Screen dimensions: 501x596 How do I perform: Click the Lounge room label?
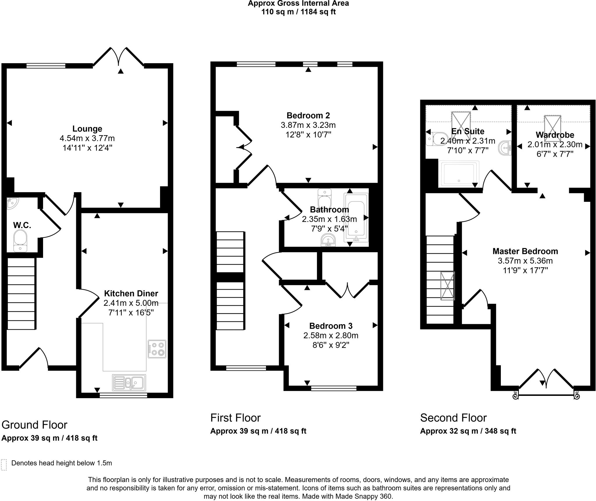click(x=87, y=129)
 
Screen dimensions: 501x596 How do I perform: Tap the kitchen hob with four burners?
click(x=157, y=349)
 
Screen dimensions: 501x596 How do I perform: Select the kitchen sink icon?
click(x=129, y=382)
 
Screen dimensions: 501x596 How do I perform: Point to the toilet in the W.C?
click(x=20, y=240)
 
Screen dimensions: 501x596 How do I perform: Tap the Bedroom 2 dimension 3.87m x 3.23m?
click(x=308, y=125)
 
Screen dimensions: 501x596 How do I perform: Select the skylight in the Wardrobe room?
click(x=552, y=124)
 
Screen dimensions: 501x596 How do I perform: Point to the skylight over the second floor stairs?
click(x=447, y=286)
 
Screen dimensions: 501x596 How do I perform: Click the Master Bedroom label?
click(x=525, y=251)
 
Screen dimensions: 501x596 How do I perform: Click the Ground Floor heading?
click(x=34, y=425)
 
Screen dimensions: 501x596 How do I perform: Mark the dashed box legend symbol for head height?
click(x=4, y=465)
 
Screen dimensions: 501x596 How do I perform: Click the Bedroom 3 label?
click(x=331, y=326)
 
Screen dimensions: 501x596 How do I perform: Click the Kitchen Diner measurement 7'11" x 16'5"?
click(x=131, y=313)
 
